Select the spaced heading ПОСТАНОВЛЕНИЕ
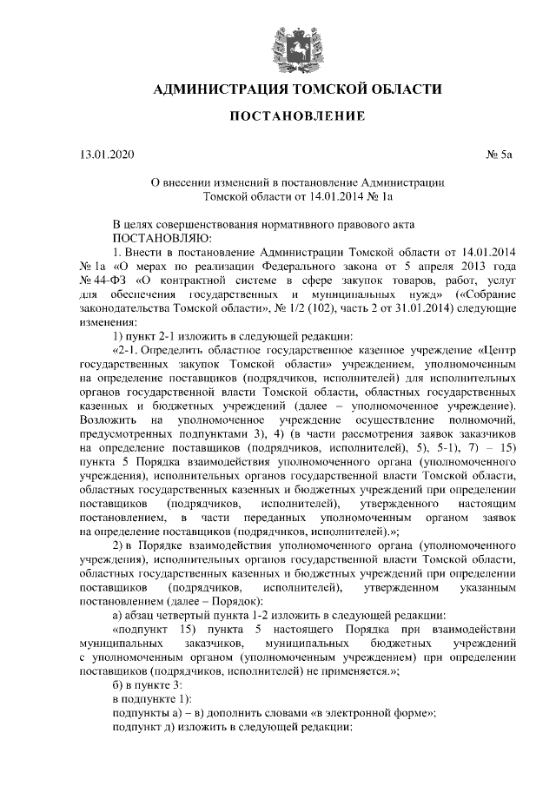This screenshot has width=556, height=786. tap(296, 116)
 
